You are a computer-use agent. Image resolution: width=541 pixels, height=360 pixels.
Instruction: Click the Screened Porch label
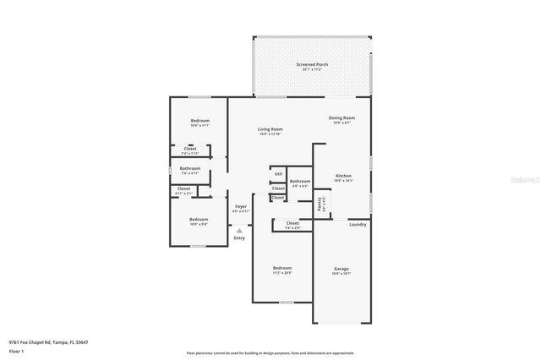coord(312,64)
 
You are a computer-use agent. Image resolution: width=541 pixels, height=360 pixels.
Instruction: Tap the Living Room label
coord(270,129)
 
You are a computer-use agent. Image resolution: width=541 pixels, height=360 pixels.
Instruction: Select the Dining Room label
coord(342,118)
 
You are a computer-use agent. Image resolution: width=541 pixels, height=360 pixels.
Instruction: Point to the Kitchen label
coord(342,176)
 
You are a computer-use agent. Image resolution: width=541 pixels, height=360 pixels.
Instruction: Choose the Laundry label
coord(358,224)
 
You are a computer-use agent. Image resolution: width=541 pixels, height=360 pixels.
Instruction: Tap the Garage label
coord(341,269)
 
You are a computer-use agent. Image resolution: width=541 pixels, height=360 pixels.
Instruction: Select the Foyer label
coord(240,206)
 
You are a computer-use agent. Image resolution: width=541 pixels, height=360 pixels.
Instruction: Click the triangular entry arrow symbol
coord(239,229)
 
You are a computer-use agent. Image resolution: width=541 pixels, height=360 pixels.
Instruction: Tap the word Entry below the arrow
coord(239,237)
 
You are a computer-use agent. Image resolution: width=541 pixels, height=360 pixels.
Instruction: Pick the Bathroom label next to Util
coord(300,181)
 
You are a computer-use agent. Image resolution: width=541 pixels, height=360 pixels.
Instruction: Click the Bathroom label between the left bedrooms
coord(189,167)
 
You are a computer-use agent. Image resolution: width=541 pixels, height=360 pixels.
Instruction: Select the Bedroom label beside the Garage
coord(281,268)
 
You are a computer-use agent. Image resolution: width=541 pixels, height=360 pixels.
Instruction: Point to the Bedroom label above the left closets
coord(199,121)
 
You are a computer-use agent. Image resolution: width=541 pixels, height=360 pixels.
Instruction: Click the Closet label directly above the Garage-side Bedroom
coord(292,223)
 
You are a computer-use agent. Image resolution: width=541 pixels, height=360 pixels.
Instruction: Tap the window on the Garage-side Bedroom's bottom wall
coord(287,302)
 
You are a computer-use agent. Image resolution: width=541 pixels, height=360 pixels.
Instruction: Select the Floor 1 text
coord(15,350)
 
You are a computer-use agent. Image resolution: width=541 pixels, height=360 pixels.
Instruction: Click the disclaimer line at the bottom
coord(270,353)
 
